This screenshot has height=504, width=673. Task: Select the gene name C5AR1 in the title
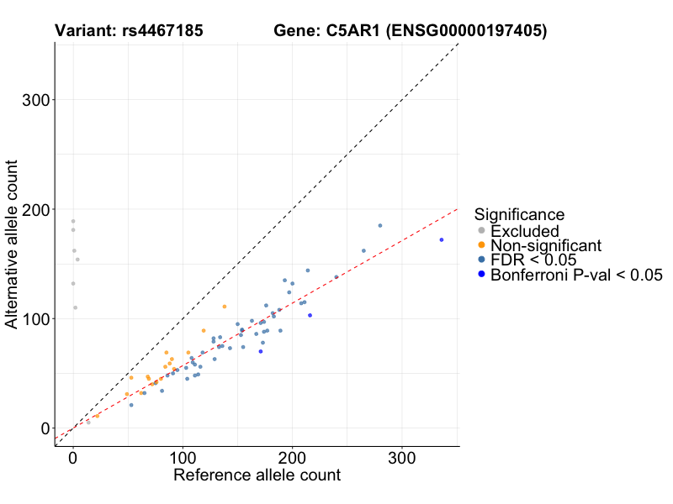pyautogui.click(x=342, y=32)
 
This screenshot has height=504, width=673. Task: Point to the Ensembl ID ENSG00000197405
pyautogui.click(x=465, y=32)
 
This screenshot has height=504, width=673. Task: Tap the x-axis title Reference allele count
pyautogui.click(x=257, y=475)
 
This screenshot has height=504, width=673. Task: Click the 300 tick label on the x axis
pyautogui.click(x=401, y=459)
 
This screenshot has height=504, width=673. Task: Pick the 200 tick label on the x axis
pyautogui.click(x=292, y=459)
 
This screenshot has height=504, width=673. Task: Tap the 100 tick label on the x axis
pyautogui.click(x=183, y=459)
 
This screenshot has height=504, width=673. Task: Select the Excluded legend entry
pyautogui.click(x=524, y=231)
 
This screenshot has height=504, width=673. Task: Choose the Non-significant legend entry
pyautogui.click(x=546, y=245)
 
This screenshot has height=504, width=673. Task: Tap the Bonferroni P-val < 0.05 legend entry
pyautogui.click(x=576, y=275)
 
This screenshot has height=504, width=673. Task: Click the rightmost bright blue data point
pyautogui.click(x=442, y=239)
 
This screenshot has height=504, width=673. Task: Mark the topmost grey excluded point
pyautogui.click(x=73, y=221)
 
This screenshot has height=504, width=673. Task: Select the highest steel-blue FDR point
pyautogui.click(x=380, y=225)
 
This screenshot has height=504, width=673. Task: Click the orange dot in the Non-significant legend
pyautogui.click(x=481, y=245)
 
